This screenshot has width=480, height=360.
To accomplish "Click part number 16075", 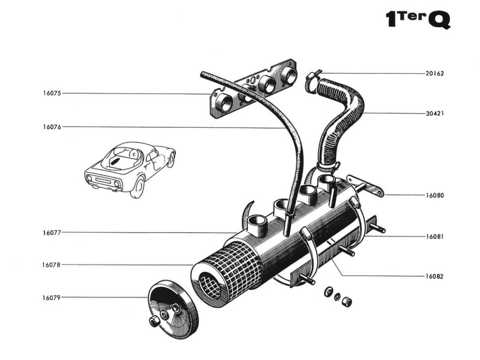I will click(52, 93).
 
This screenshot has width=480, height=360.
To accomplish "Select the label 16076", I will click(52, 127).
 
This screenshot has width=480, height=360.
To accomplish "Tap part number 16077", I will click(52, 232).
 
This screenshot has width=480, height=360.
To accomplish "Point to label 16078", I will click(52, 265).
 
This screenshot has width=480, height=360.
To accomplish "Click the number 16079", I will click(52, 297).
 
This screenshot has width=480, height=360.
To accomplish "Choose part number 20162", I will click(435, 74).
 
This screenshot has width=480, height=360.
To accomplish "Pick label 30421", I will click(435, 113).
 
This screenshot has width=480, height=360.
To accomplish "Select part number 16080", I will click(435, 195).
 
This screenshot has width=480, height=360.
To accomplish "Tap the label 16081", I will click(435, 237).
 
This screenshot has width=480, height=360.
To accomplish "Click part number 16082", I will click(435, 276).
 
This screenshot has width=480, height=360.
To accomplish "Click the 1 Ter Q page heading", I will click(418, 20).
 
